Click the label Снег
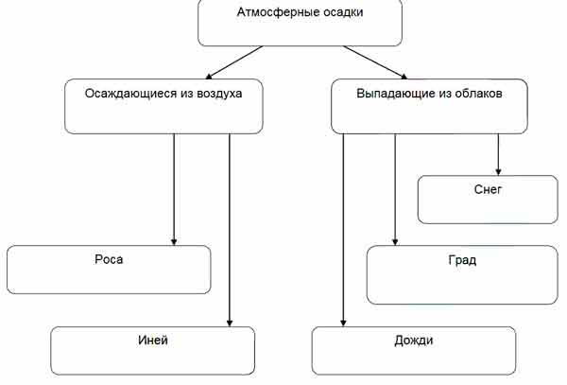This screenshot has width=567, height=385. click(487, 189)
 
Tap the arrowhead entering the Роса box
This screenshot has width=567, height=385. click(175, 239)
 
